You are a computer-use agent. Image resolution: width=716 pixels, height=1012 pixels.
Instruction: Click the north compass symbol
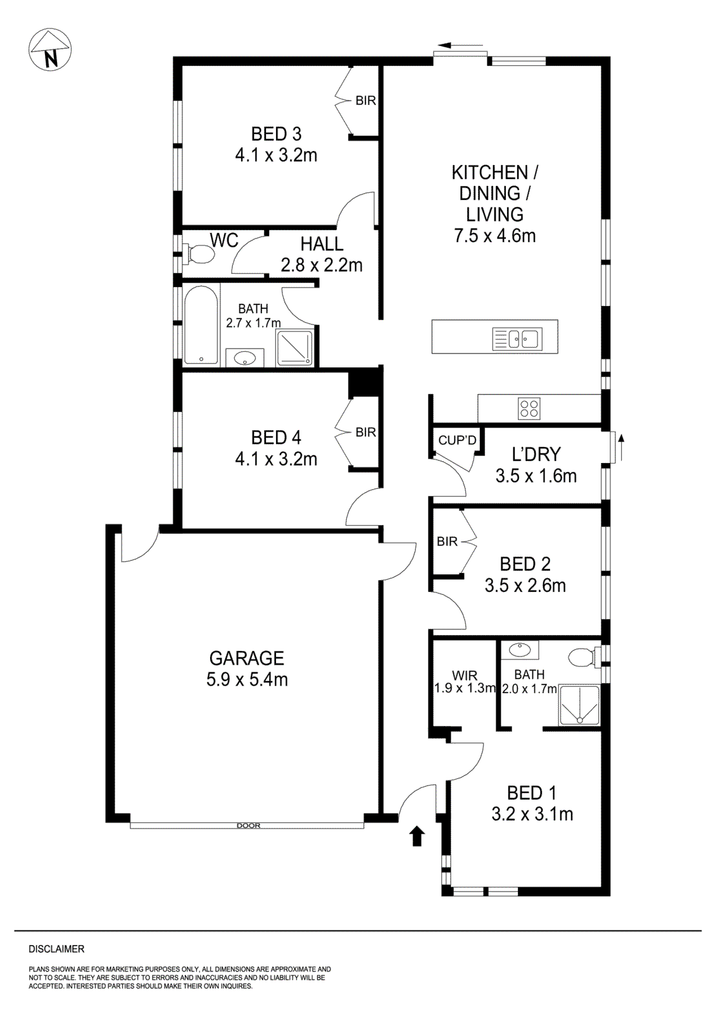(x=50, y=50)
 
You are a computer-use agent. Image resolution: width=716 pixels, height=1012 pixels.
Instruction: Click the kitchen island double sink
(x=516, y=339)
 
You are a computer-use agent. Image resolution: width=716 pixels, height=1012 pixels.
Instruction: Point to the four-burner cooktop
(x=529, y=408)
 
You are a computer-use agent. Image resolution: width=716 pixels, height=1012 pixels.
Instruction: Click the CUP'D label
(x=456, y=440)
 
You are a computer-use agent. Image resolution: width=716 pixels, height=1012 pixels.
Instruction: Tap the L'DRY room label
(x=536, y=454)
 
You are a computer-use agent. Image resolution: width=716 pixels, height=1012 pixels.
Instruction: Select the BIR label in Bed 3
(x=365, y=101)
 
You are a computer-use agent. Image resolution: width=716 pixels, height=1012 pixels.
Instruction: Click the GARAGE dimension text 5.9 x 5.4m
(x=247, y=680)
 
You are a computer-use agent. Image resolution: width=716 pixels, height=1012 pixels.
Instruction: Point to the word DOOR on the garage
(x=248, y=825)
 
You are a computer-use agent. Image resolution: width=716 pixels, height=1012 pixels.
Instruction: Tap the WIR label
(x=464, y=676)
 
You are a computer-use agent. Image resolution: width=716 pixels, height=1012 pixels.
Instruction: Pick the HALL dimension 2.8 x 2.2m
(x=322, y=264)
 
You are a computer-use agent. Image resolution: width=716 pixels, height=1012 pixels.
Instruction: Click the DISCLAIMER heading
(x=56, y=949)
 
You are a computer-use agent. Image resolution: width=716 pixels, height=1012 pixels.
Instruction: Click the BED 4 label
(x=276, y=437)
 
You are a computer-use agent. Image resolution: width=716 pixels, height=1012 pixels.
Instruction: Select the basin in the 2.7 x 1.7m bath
(x=244, y=359)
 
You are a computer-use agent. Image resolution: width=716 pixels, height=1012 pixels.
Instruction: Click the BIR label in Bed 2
(x=447, y=541)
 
